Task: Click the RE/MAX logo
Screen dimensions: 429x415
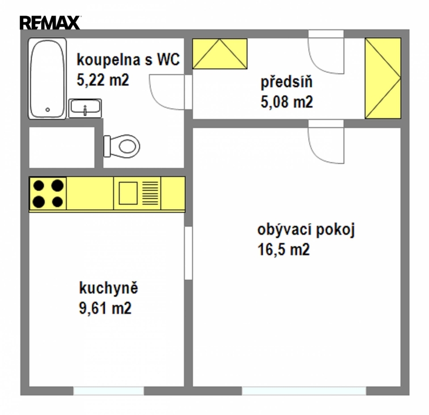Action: (x=50, y=23)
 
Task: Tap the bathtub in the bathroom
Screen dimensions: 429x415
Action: (x=47, y=78)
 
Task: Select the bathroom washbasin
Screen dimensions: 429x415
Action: (x=85, y=108)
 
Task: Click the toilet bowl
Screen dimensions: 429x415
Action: (x=122, y=146)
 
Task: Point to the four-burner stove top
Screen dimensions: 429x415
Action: (x=48, y=194)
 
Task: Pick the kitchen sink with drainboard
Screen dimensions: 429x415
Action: (x=138, y=193)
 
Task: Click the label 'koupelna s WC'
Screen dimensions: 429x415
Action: (x=128, y=59)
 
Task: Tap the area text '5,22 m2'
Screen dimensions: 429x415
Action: (x=103, y=81)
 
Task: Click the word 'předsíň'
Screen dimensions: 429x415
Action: (x=287, y=82)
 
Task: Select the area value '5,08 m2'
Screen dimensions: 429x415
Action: (x=287, y=102)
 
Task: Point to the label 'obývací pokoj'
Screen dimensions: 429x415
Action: (x=306, y=230)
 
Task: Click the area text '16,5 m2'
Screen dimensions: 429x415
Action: (x=283, y=250)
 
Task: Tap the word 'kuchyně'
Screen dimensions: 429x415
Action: (x=108, y=288)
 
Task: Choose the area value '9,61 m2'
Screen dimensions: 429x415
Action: (x=105, y=308)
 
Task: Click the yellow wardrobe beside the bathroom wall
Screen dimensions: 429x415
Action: (x=220, y=53)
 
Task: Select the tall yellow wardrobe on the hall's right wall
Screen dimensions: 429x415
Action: (x=383, y=78)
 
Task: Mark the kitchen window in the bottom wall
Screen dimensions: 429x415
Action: (x=108, y=391)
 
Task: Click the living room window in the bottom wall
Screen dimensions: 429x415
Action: (x=304, y=391)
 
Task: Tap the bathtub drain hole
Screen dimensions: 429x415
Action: (x=47, y=110)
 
